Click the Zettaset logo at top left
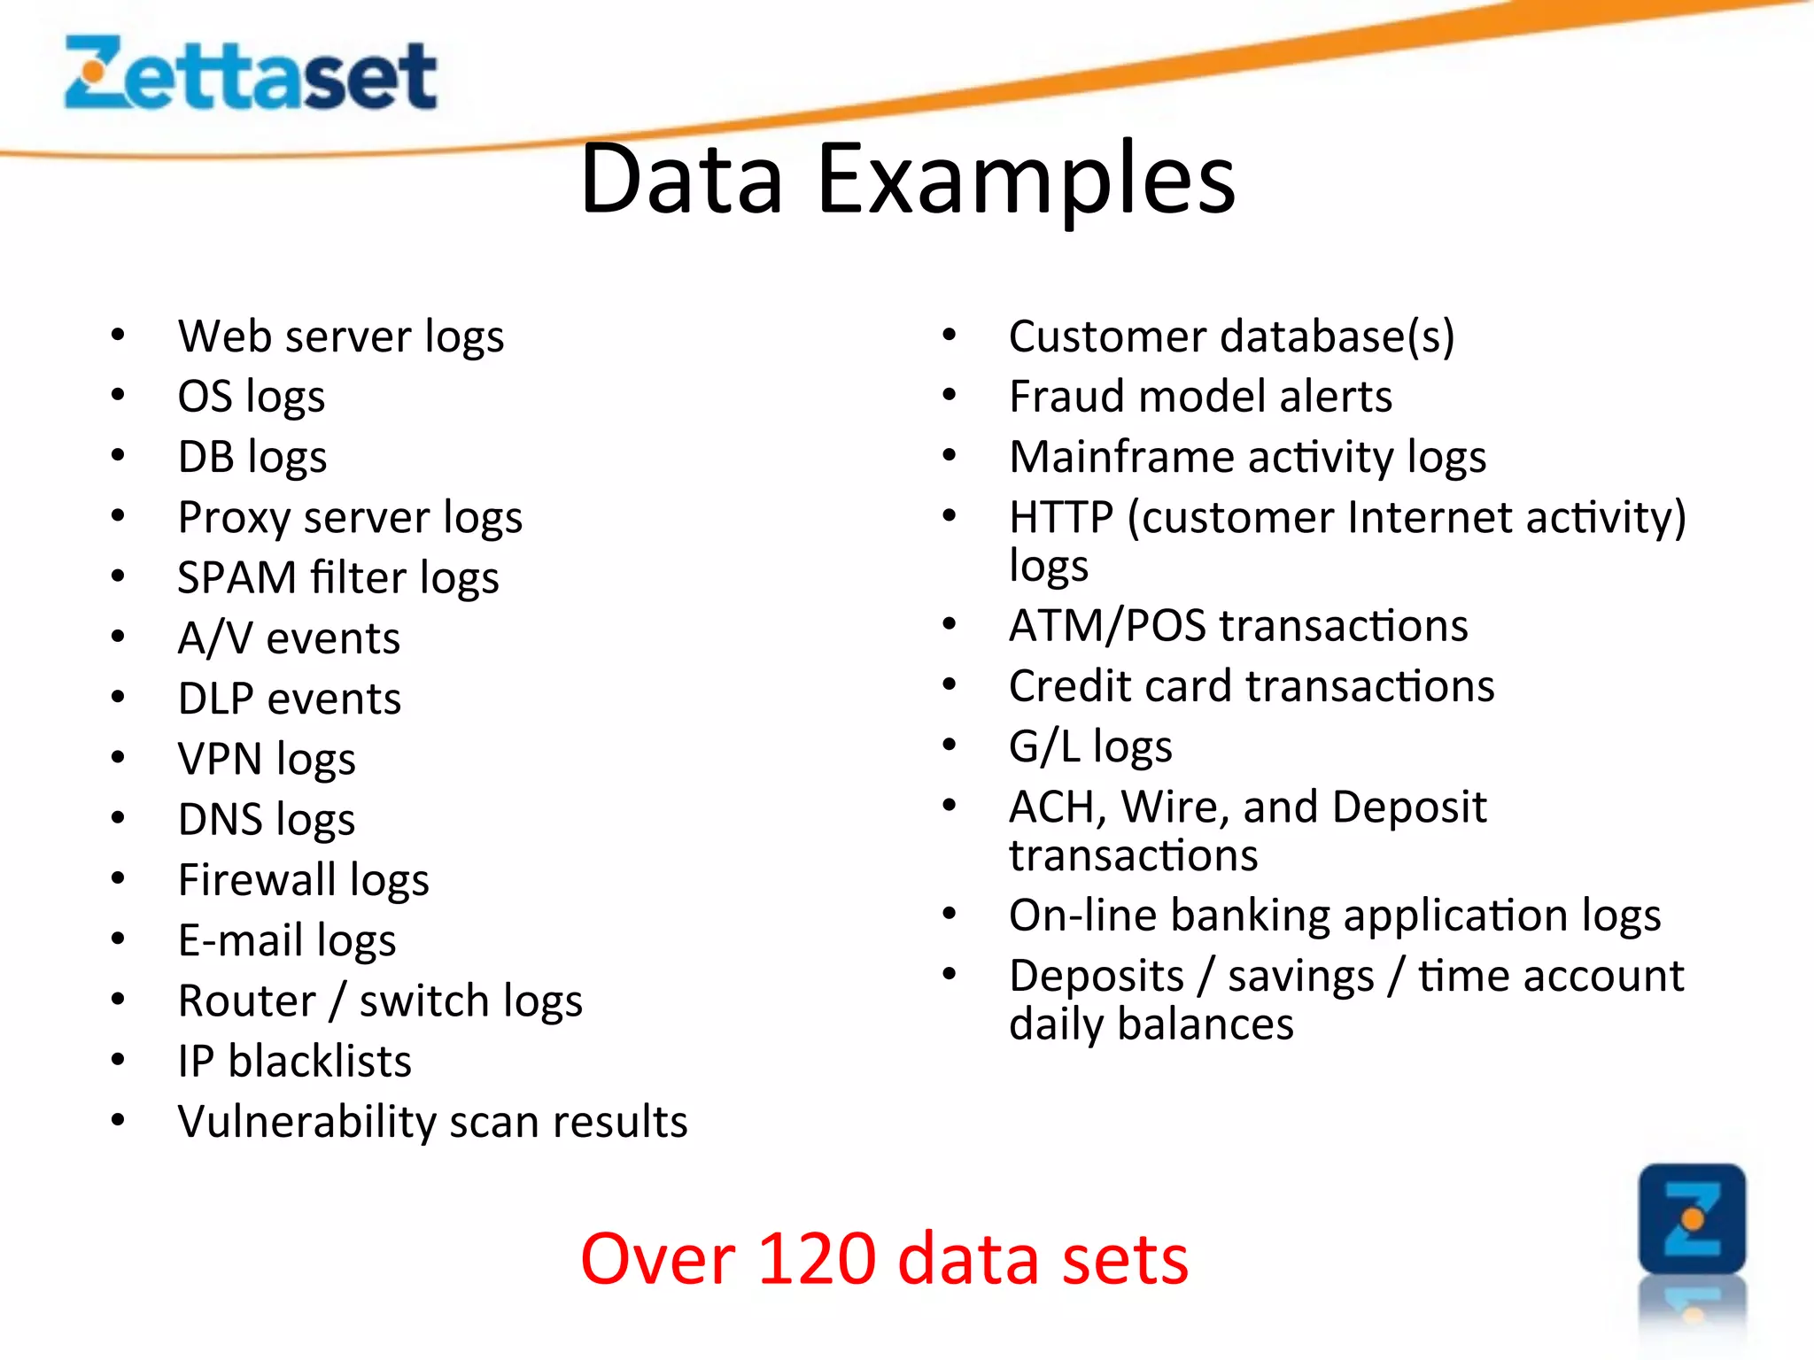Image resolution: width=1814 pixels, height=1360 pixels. (x=251, y=74)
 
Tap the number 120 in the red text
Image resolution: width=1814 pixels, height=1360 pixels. (x=817, y=1259)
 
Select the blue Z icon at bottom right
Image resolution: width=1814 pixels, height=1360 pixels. (x=1692, y=1219)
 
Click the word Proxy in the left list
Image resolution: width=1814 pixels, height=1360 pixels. (x=233, y=518)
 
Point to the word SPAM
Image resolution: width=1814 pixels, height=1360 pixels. (x=236, y=578)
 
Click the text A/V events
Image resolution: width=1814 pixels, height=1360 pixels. (x=289, y=638)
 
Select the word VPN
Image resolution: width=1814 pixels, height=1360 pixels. (x=220, y=760)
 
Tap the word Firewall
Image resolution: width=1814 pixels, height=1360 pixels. (x=257, y=880)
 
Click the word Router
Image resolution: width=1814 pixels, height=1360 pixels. (x=246, y=1001)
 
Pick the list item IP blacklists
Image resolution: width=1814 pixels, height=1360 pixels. (x=294, y=1062)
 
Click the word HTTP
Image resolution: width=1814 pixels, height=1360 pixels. (x=1060, y=518)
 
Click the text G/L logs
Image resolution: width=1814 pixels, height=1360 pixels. (x=1090, y=747)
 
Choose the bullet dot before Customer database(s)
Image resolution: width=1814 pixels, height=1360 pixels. (x=950, y=336)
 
